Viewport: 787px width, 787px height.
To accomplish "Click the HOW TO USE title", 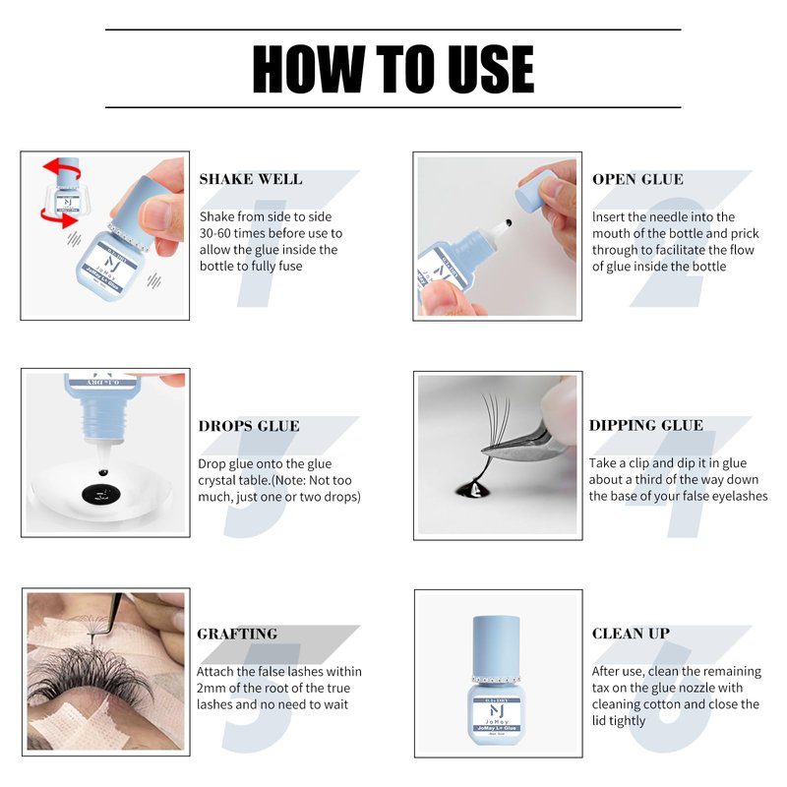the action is click(x=393, y=69).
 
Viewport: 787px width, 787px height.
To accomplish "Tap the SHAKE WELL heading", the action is click(x=251, y=179).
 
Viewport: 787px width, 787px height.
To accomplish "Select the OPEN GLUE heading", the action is click(x=637, y=179).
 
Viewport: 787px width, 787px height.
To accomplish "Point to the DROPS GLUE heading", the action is click(x=249, y=426).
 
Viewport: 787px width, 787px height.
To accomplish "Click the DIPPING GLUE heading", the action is click(x=646, y=425).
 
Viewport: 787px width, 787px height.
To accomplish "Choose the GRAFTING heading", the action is click(x=237, y=634).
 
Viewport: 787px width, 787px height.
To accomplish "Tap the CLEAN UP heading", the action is click(x=631, y=634).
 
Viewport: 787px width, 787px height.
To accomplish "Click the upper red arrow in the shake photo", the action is click(x=62, y=168).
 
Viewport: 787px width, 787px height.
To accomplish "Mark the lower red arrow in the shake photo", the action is click(x=59, y=217).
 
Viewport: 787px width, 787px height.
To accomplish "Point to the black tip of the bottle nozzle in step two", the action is click(x=509, y=222).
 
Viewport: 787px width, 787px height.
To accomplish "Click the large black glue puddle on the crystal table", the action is click(x=101, y=495).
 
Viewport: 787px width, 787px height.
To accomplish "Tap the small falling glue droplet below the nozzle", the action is click(x=103, y=472).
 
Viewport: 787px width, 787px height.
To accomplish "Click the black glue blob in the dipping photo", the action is click(x=473, y=488).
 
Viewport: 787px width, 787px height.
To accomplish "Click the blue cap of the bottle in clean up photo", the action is click(x=496, y=646).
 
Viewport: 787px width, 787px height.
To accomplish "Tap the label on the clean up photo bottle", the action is click(x=496, y=715).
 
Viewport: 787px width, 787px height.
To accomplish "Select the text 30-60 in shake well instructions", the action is click(x=214, y=233).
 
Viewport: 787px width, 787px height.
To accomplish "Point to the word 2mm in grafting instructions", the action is click(x=211, y=688).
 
